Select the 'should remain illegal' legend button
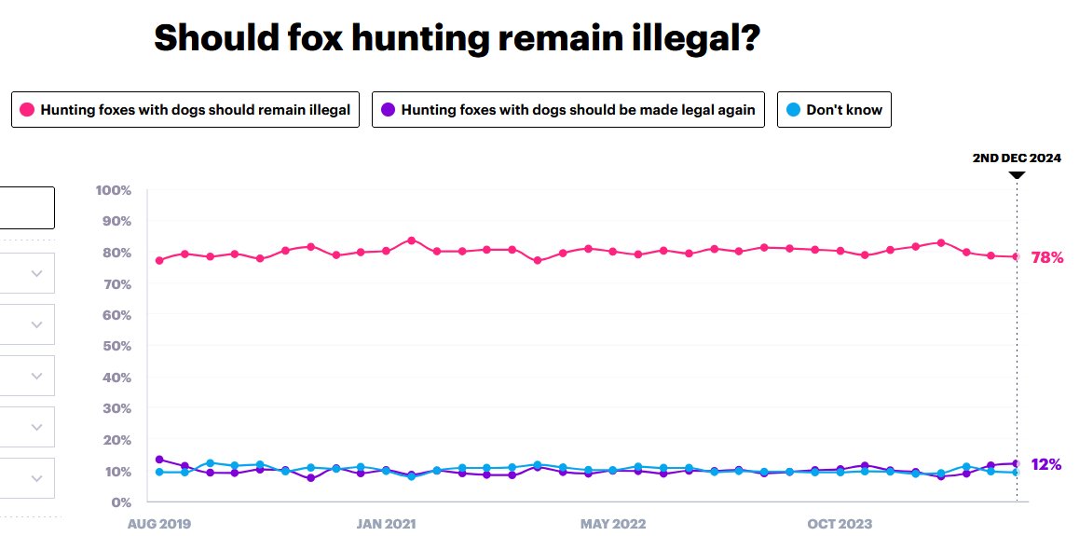coord(184,110)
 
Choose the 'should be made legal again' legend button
coord(568,110)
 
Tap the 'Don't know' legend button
coord(834,110)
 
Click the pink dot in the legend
coord(27,110)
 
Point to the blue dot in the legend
coord(793,110)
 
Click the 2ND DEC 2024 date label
coord(1017,158)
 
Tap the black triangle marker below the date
coord(1017,174)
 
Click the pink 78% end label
coord(1047,257)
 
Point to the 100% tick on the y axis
coord(113,190)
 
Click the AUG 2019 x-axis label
coord(159,524)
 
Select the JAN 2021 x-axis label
coord(386,524)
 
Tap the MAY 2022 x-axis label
coord(612,524)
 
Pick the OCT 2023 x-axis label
coord(839,524)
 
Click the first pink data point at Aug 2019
coord(159,260)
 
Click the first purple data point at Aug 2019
coord(159,460)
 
